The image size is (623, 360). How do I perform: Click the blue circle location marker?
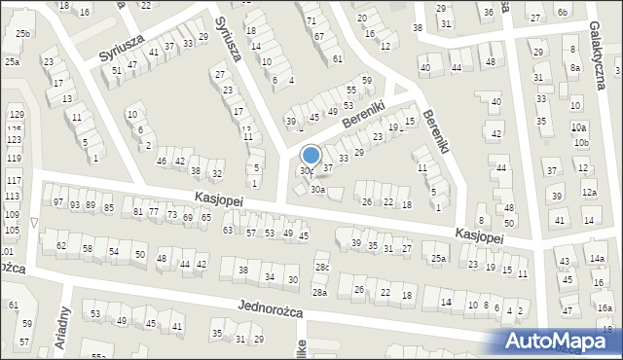tap(311, 155)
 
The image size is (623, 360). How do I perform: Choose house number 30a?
tap(317, 189)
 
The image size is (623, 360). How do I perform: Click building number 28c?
tap(322, 267)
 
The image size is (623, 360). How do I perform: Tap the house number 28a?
tap(319, 292)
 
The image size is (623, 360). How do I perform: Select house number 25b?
tap(22, 34)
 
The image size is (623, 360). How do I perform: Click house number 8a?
tap(575, 68)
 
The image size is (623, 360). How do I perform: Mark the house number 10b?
tap(581, 143)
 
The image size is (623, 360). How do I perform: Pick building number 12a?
tap(589, 193)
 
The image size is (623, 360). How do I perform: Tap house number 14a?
tap(596, 258)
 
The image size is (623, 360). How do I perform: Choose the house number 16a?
tap(605, 307)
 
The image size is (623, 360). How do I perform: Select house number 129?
tap(16, 115)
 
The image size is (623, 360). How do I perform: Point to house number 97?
tap(58, 201)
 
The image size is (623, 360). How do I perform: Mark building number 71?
tap(311, 20)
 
